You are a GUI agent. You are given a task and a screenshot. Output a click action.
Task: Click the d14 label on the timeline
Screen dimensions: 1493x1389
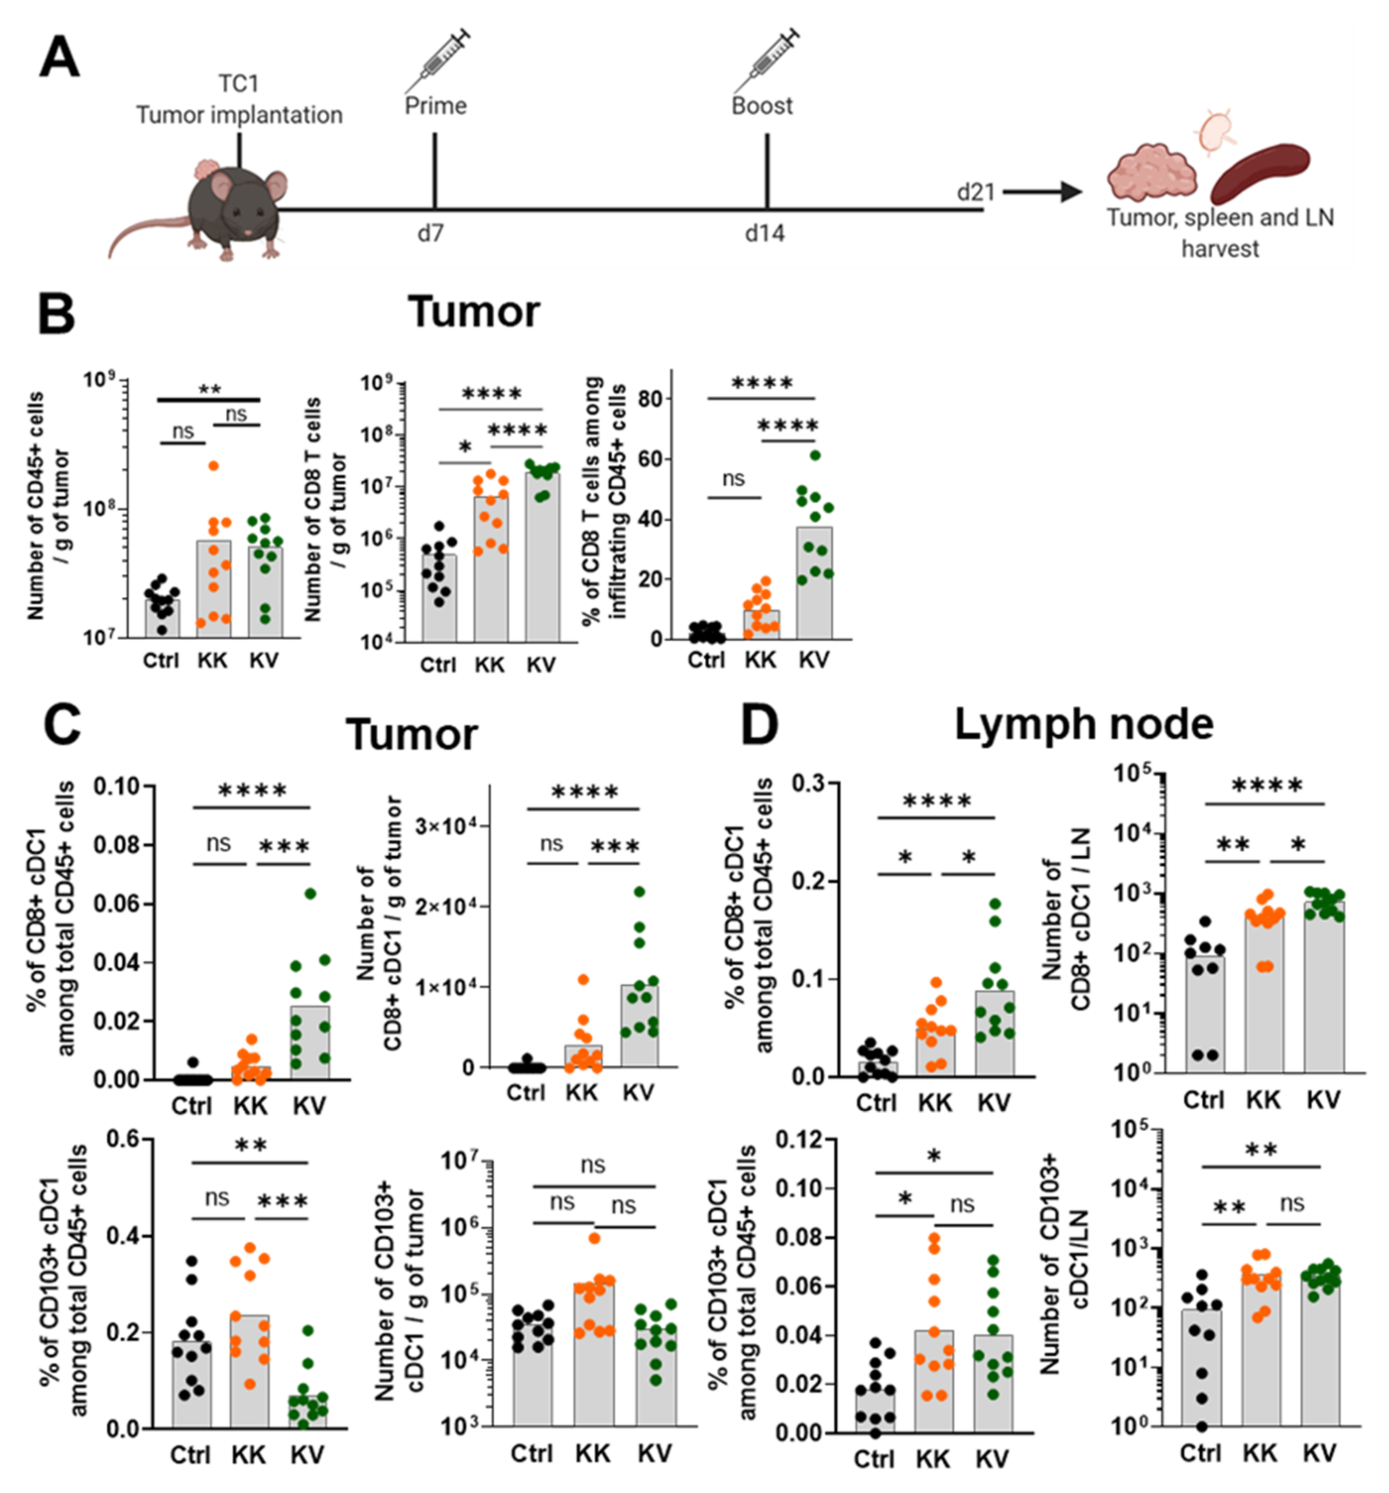point(764,234)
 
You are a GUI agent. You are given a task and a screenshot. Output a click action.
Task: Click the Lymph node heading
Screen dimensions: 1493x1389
point(1083,725)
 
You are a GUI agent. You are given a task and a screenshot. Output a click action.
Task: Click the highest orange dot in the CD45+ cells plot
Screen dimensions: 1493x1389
point(213,466)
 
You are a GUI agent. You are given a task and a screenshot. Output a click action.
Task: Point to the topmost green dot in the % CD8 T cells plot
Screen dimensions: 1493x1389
point(815,455)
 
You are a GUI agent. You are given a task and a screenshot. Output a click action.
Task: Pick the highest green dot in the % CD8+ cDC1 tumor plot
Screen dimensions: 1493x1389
point(310,893)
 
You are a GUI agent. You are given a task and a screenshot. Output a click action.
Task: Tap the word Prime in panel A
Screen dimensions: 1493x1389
point(435,106)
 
